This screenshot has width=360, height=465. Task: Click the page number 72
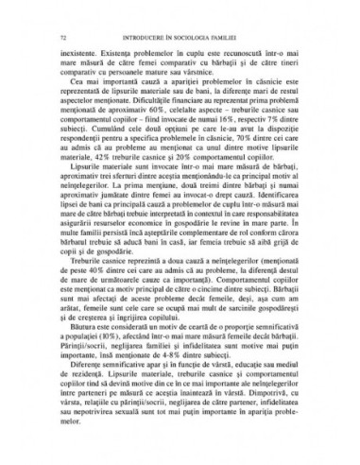click(x=61, y=37)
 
